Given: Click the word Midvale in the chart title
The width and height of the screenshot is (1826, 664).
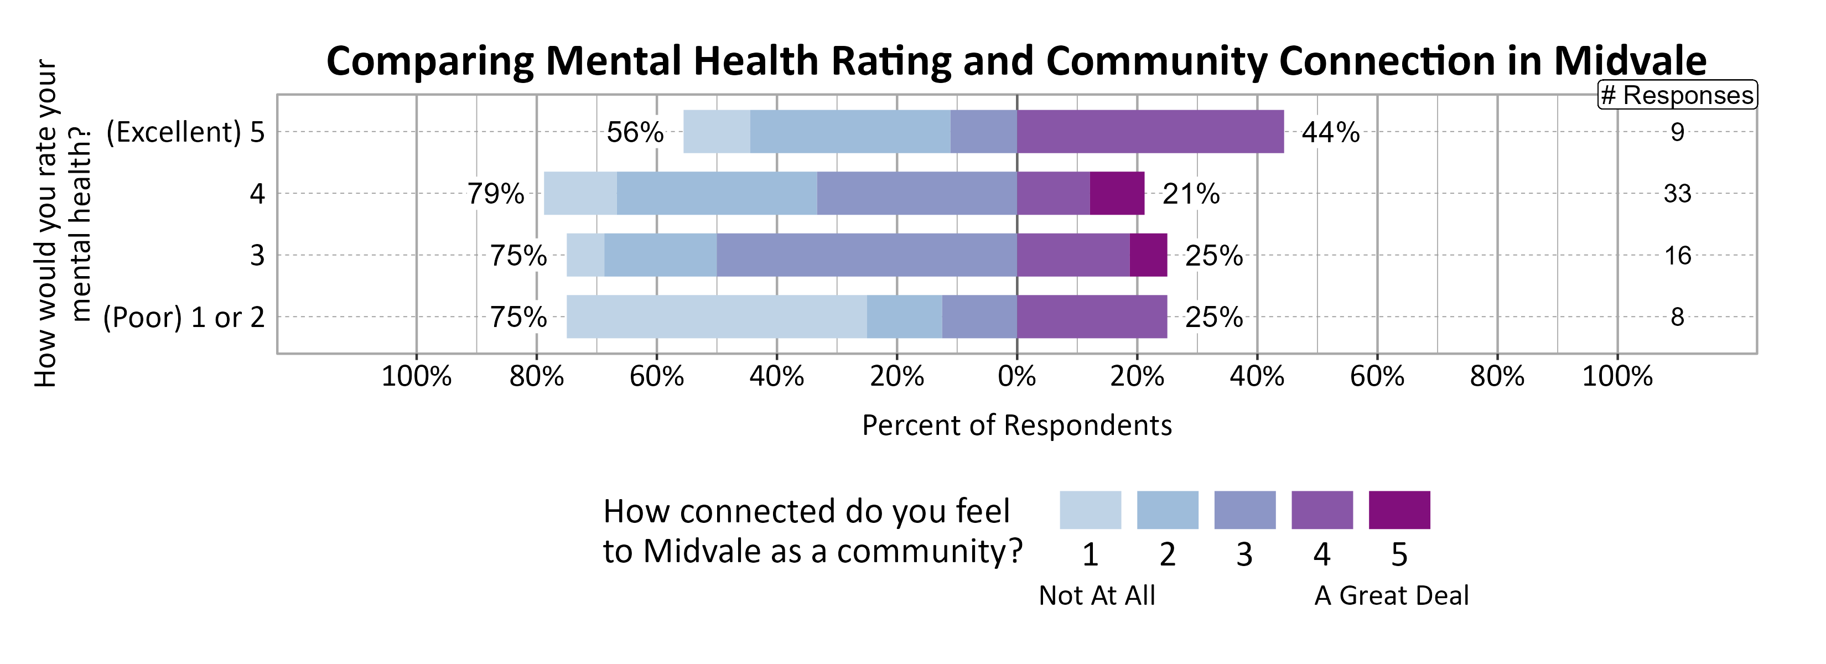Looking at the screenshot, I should point(1630,61).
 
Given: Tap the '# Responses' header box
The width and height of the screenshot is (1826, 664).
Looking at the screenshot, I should point(1677,95).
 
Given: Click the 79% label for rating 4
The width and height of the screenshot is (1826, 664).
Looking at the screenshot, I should point(495,194).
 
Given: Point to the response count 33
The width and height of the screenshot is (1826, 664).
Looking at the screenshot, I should point(1677,194).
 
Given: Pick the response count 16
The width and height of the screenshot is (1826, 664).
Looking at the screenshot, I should point(1677,255).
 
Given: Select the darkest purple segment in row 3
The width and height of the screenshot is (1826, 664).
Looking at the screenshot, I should point(1148,255).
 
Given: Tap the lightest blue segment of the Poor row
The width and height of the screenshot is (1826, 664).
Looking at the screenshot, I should point(716,317).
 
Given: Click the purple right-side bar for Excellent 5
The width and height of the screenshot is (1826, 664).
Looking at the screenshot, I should point(1150,132).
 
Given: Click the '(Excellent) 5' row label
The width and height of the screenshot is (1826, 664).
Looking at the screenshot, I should point(185,132).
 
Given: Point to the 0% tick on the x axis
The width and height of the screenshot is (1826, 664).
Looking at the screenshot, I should point(1016,376).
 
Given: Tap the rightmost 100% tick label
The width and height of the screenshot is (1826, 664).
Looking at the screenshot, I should point(1617,376).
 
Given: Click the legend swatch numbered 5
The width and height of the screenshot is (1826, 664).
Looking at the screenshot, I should point(1399,510).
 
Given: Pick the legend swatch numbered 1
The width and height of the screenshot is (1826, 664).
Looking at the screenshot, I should point(1090,510).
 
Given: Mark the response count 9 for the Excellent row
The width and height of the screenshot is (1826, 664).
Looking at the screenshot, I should point(1677,132).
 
